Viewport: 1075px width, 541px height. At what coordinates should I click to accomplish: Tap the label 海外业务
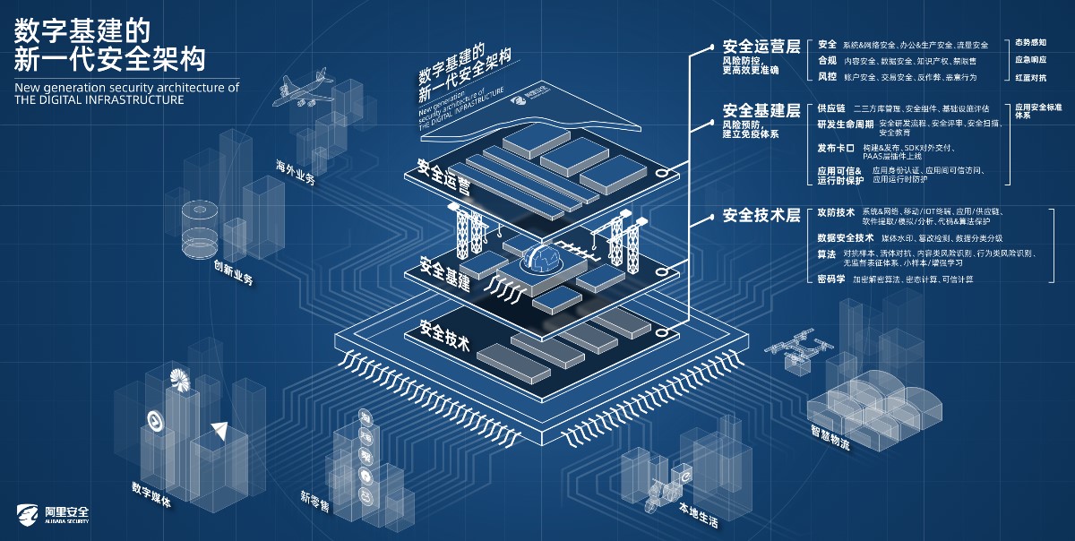pyautogui.click(x=296, y=173)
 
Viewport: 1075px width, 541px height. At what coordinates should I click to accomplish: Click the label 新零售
pyautogui.click(x=314, y=502)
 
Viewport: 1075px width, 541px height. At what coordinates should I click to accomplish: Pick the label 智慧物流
pyautogui.click(x=830, y=438)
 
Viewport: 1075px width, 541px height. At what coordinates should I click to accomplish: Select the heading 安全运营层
pyautogui.click(x=761, y=47)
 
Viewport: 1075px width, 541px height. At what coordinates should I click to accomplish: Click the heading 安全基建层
pyautogui.click(x=761, y=110)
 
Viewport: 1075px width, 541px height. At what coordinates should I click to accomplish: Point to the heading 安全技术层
pyautogui.click(x=761, y=216)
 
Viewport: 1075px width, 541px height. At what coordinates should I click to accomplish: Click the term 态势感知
pyautogui.click(x=1030, y=43)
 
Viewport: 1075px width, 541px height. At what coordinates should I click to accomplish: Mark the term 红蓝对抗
pyautogui.click(x=1030, y=77)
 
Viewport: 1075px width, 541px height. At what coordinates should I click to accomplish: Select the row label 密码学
pyautogui.click(x=830, y=279)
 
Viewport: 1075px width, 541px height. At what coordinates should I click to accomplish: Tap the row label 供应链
pyautogui.click(x=830, y=108)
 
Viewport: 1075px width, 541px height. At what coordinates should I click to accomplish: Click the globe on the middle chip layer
pyautogui.click(x=545, y=260)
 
